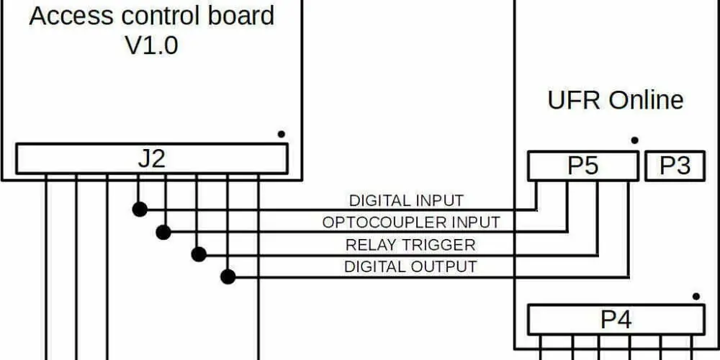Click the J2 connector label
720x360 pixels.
click(x=151, y=159)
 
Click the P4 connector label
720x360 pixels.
click(x=616, y=320)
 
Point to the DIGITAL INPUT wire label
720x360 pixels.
click(x=406, y=201)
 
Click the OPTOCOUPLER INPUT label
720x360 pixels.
click(x=411, y=222)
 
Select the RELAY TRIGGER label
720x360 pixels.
click(x=410, y=245)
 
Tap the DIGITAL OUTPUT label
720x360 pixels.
click(x=410, y=266)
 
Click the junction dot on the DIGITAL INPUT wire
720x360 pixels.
click(x=140, y=210)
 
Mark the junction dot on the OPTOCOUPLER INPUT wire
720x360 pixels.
click(x=163, y=233)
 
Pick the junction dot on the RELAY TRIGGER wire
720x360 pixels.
click(x=199, y=254)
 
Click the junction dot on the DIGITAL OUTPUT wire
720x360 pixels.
click(x=228, y=277)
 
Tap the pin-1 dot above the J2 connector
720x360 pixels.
click(x=281, y=134)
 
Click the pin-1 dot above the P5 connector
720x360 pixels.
click(x=634, y=140)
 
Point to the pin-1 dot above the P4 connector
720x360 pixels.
click(x=696, y=296)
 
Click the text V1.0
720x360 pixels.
click(x=151, y=46)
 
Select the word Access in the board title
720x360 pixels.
click(x=71, y=16)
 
